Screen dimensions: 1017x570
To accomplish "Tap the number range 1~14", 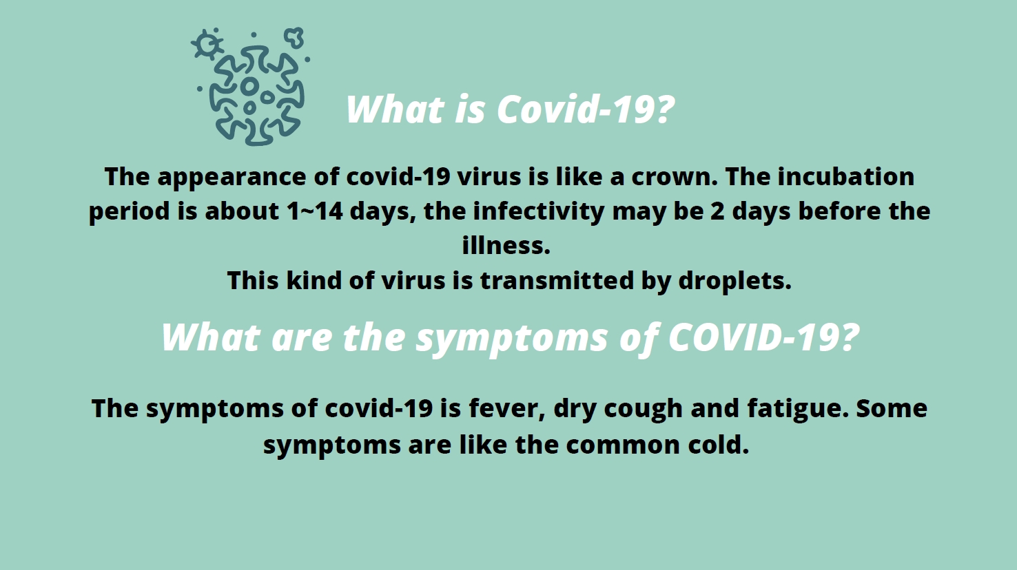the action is pyautogui.click(x=315, y=211).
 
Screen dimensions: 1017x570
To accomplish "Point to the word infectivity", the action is pyautogui.click(x=538, y=212).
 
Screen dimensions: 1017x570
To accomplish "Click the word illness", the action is pyautogui.click(x=506, y=245).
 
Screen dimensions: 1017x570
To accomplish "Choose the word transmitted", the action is pyautogui.click(x=557, y=280).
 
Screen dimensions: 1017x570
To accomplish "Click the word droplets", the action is pyautogui.click(x=735, y=281).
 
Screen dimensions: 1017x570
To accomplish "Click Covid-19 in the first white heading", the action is pyautogui.click(x=586, y=109).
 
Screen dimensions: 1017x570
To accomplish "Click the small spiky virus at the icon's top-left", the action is pyautogui.click(x=207, y=44).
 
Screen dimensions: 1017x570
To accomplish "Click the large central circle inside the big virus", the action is pyautogui.click(x=249, y=86).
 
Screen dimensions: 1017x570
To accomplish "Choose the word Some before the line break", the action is pyautogui.click(x=892, y=408).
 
